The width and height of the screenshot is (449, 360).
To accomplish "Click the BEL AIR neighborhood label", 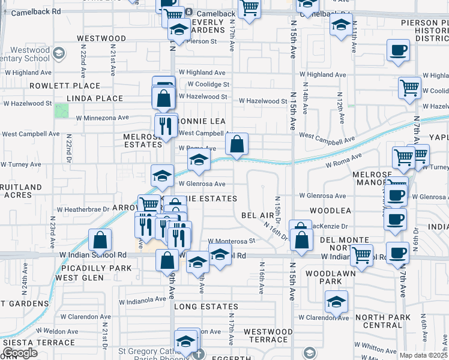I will pos(258,215).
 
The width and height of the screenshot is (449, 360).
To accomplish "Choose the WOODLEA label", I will pos(330,211).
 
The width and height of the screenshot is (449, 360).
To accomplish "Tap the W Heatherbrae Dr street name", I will pos(84,210).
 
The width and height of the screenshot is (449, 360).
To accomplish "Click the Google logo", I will pos(20,353).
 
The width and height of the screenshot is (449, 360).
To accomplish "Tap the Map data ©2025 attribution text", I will pos(423,355).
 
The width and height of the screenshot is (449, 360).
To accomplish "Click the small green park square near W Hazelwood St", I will pos(61,111).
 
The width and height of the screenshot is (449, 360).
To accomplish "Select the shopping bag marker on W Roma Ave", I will pos(237,144).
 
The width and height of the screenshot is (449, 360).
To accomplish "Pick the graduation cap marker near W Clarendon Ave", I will pos(336,301).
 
